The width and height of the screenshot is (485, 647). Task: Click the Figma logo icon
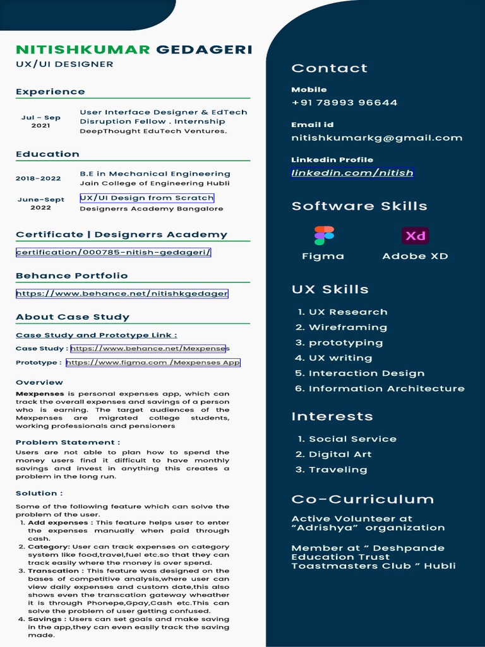(324, 236)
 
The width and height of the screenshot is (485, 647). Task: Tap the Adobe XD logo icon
(415, 236)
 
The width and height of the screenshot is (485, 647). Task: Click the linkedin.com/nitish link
(352, 172)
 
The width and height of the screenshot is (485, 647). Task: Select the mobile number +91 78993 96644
(344, 102)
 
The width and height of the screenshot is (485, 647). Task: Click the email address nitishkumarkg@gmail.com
(376, 138)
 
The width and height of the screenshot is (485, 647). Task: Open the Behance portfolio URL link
(122, 293)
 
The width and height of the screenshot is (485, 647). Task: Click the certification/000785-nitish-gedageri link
(114, 252)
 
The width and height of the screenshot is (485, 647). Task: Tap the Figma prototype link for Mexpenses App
(153, 363)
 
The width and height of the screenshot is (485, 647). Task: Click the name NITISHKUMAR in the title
(83, 49)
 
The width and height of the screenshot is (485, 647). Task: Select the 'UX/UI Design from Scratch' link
(147, 198)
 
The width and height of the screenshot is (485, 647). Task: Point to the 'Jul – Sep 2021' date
(41, 121)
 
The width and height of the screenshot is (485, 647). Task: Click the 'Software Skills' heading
(359, 206)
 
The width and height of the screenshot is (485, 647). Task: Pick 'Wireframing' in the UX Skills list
(347, 327)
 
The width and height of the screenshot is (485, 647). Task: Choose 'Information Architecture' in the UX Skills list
(386, 389)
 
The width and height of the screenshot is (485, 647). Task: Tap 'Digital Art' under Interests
(340, 454)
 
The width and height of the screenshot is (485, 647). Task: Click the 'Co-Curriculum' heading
(362, 499)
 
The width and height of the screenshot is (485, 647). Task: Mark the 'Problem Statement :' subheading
(68, 442)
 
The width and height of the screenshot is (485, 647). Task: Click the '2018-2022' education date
(39, 178)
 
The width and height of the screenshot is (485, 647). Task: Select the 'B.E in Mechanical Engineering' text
(155, 174)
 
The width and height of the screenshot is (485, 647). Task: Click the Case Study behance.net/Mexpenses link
(148, 348)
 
